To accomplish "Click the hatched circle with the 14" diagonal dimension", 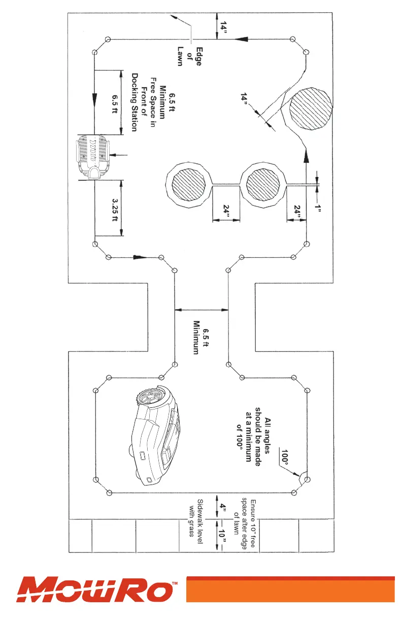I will tap(311, 110).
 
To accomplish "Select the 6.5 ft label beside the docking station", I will tap(115, 102).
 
